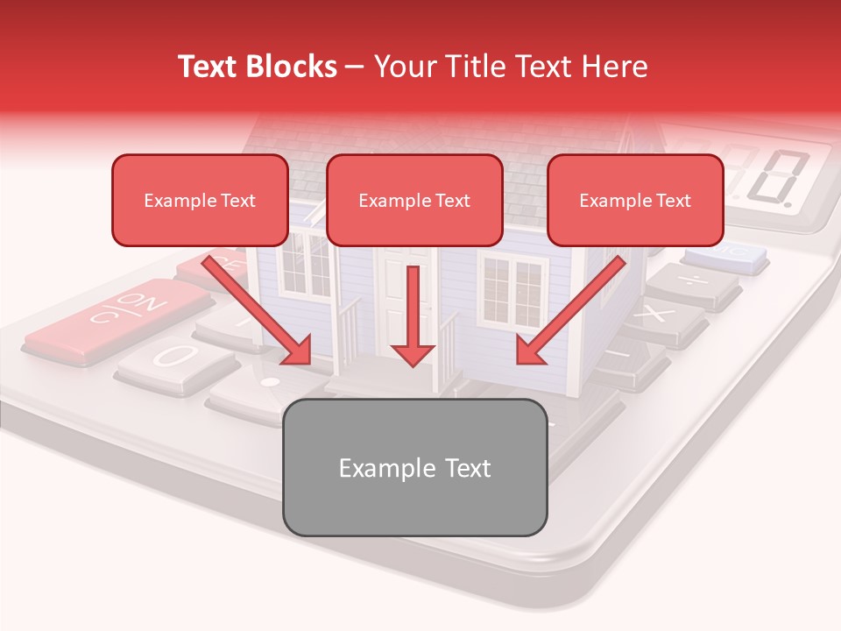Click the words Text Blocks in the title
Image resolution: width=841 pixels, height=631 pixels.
pos(258,67)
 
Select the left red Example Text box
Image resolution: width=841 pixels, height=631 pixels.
pos(200,200)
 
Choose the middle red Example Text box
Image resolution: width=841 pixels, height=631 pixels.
pos(414,200)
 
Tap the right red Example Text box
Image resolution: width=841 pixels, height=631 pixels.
pos(635,200)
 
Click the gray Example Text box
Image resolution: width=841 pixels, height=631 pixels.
pos(414,467)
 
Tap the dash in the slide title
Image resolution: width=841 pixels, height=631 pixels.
pos(356,67)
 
